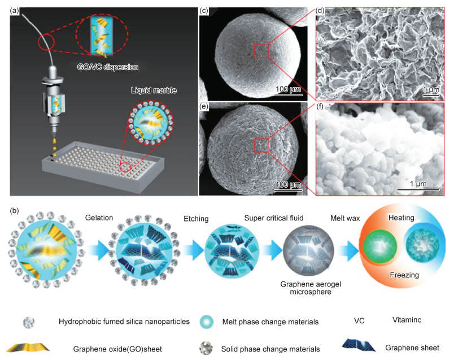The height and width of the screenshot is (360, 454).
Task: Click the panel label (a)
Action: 16,10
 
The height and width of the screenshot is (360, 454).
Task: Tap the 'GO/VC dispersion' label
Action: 108,67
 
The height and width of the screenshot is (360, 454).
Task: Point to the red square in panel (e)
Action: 261,146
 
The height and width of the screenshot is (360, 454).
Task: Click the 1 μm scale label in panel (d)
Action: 429,89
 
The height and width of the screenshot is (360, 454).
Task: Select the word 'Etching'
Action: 196,218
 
